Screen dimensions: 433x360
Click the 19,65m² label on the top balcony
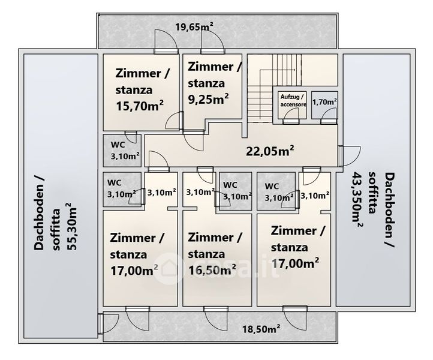pos(194,27)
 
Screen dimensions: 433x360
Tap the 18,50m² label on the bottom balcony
pos(261,329)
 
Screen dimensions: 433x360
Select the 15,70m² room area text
pos(140,106)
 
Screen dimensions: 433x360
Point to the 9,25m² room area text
pos(208,99)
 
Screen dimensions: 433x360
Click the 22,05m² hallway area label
pos(270,151)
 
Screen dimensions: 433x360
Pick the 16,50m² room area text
pos(212,270)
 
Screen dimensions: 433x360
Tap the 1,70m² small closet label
pos(324,102)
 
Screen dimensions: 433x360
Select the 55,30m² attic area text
pos(71,227)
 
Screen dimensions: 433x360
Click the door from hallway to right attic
pos(349,156)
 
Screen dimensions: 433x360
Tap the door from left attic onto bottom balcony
pos(108,324)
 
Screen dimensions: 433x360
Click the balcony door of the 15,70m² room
pos(166,41)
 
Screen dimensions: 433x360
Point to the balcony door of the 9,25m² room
pos(212,41)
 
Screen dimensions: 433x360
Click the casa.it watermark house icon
pos(169,269)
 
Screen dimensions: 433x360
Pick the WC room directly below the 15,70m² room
pos(122,151)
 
